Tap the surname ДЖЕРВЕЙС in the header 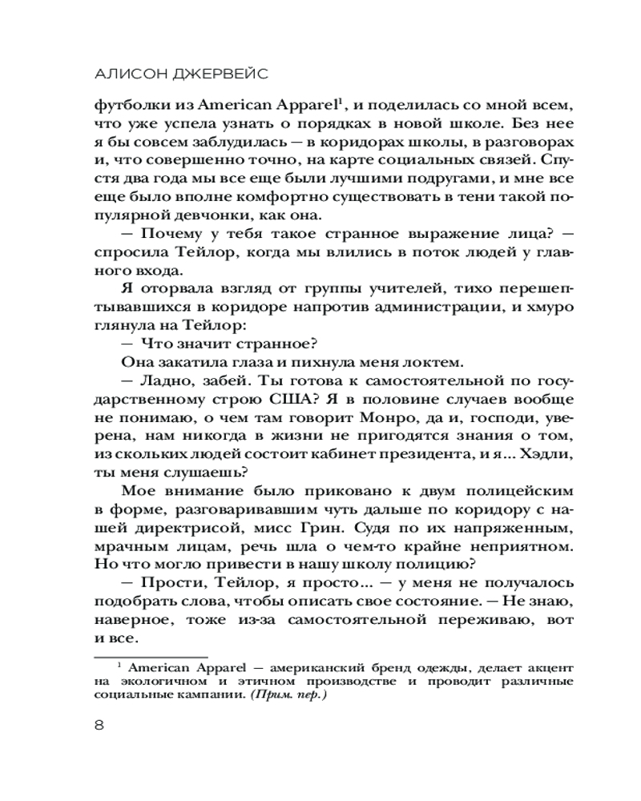click(x=222, y=74)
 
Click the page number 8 click(x=99, y=726)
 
